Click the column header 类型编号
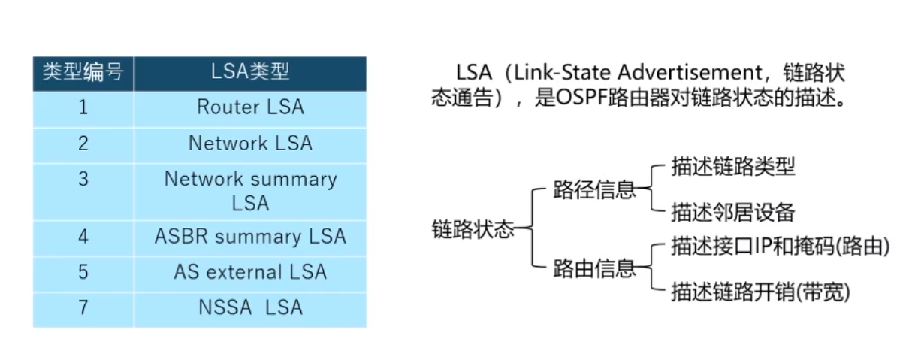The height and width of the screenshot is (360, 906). pyautogui.click(x=83, y=72)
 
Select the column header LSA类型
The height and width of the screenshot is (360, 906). pyautogui.click(x=250, y=72)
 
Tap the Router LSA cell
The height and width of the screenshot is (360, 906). pyautogui.click(x=250, y=107)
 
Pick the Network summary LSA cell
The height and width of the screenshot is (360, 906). pyautogui.click(x=250, y=191)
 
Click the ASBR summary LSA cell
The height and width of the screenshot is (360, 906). pyautogui.click(x=250, y=236)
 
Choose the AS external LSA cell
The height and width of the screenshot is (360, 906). pyautogui.click(x=250, y=271)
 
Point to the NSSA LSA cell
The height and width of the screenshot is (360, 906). pyautogui.click(x=250, y=307)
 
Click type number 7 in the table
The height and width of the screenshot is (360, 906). pyautogui.click(x=83, y=307)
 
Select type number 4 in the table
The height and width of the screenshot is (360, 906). pyautogui.click(x=83, y=236)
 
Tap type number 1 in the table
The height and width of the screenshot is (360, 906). pyautogui.click(x=83, y=107)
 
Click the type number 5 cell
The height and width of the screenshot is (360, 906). pyautogui.click(x=83, y=271)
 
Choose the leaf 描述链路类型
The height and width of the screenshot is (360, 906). pyautogui.click(x=732, y=167)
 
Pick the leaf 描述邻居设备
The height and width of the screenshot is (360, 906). pyautogui.click(x=732, y=213)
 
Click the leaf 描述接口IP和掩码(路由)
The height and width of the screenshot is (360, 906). pyautogui.click(x=780, y=247)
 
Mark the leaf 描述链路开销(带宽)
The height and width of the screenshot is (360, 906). pyautogui.click(x=760, y=292)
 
